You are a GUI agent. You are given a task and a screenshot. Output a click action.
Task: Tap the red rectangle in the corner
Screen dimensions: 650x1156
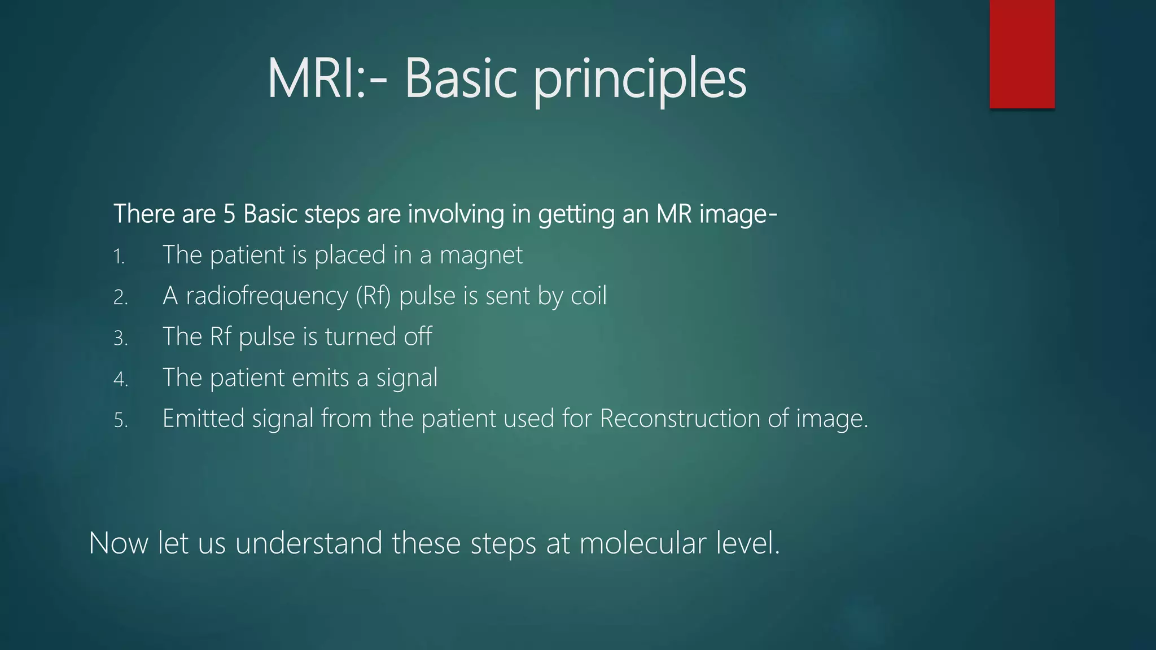(1022, 54)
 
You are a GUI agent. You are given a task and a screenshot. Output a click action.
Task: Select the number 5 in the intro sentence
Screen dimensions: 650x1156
(229, 214)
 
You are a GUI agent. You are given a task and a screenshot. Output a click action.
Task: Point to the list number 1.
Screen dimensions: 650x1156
(119, 257)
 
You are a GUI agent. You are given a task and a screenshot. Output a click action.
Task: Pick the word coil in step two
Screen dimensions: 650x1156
(588, 296)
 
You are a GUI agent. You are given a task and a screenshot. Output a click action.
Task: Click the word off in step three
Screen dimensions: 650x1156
(418, 337)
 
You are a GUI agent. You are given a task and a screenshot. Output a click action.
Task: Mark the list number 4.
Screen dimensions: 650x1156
(120, 379)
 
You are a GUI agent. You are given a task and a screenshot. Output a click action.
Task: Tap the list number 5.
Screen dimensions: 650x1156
(120, 420)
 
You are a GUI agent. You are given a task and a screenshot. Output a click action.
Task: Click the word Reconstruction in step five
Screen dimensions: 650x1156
(680, 419)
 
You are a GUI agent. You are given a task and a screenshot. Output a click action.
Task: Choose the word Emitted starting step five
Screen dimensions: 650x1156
(203, 419)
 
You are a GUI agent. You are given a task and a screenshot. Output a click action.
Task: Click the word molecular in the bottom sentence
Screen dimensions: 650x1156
(642, 544)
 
